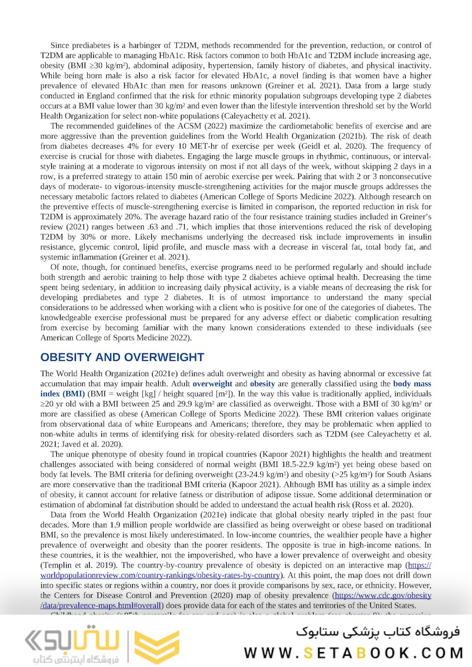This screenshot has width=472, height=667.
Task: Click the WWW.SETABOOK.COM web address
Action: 354,652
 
